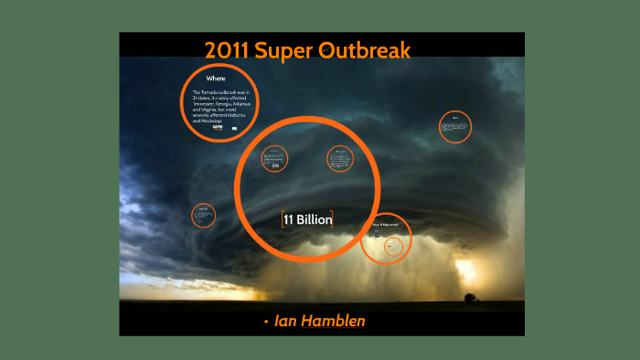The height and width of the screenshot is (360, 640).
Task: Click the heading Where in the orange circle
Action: click(216, 79)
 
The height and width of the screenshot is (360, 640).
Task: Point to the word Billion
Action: click(314, 219)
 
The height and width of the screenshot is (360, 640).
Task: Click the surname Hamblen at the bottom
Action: click(338, 322)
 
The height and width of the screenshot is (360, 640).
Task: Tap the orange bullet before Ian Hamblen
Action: click(265, 323)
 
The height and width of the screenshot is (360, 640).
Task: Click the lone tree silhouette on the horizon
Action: click(470, 297)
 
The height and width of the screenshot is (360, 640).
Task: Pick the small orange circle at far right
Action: click(454, 127)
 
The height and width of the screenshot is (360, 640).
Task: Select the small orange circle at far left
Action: click(203, 216)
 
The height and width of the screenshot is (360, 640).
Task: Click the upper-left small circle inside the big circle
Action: click(274, 159)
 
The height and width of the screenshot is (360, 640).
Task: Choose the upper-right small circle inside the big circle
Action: click(340, 159)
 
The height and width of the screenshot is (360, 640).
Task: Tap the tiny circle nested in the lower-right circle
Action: click(393, 246)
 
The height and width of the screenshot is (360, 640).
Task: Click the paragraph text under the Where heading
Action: click(220, 107)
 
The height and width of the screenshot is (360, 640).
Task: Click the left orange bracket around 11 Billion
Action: click(282, 219)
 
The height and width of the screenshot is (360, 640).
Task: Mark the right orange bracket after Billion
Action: click(333, 219)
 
